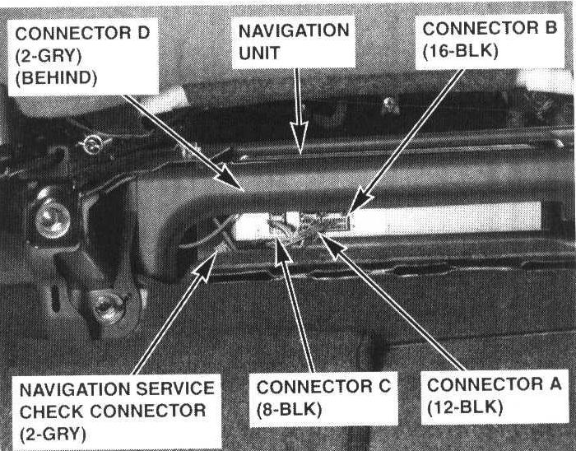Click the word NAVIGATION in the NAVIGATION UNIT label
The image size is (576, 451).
[x=294, y=31]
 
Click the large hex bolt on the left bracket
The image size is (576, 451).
[x=53, y=218]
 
